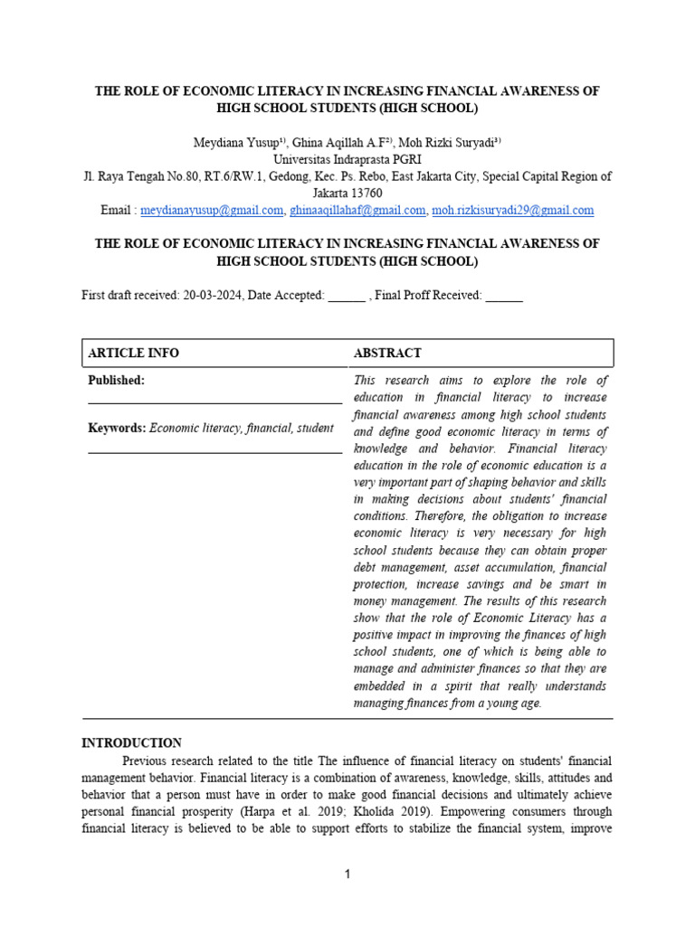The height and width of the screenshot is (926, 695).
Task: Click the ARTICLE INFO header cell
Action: click(133, 354)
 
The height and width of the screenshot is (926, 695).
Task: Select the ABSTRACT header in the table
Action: click(387, 354)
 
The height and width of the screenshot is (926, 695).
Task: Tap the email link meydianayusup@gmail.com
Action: click(212, 211)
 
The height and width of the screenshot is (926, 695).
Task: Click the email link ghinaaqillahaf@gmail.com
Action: click(357, 211)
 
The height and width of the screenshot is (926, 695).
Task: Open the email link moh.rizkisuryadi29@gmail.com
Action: click(513, 211)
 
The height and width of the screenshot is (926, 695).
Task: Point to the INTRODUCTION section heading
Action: click(132, 743)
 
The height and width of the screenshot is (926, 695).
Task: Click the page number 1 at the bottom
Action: click(347, 874)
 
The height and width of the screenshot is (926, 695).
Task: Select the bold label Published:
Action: click(117, 381)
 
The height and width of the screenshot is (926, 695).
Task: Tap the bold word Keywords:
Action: click(117, 428)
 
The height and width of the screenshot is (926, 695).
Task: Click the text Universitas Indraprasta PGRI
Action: click(347, 159)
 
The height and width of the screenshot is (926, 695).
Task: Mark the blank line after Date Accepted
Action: click(347, 297)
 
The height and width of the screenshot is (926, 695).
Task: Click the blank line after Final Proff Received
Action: click(504, 297)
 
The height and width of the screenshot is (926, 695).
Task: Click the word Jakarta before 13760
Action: click(329, 194)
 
